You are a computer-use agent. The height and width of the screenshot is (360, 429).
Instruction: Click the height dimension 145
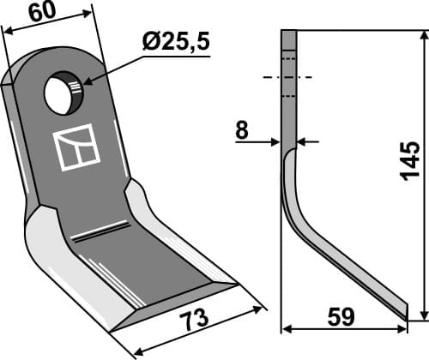[x=409, y=160]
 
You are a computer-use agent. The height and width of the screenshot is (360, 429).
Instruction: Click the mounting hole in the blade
[x=63, y=93]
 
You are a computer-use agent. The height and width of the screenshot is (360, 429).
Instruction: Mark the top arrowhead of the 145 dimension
[x=422, y=34]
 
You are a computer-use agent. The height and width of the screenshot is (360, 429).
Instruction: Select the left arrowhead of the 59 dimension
[x=287, y=328]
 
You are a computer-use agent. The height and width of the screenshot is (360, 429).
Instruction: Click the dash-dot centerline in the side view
[x=289, y=78]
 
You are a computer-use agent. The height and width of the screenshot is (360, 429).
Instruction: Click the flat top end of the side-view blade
[x=289, y=32]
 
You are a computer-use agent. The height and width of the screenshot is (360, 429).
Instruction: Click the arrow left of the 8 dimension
[x=272, y=141]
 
